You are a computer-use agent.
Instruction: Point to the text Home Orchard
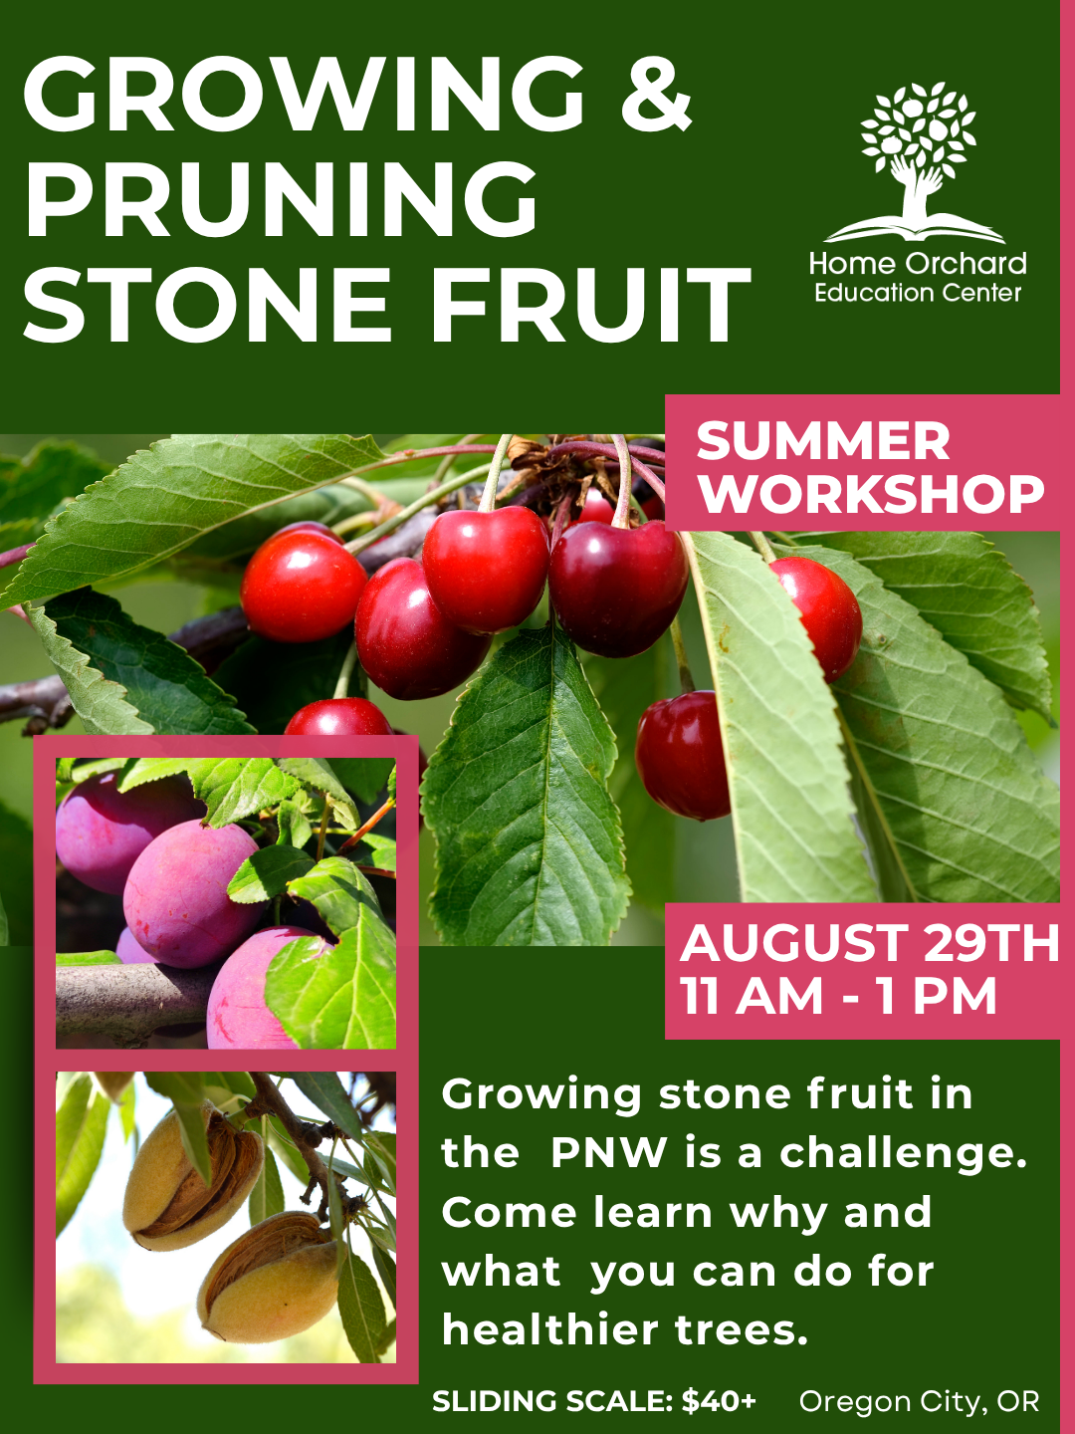(x=918, y=264)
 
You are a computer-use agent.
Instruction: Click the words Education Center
(x=918, y=293)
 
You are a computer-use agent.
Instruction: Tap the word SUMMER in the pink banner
(x=823, y=441)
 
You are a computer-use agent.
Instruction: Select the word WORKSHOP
(x=871, y=494)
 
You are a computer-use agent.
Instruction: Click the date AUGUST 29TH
(x=870, y=943)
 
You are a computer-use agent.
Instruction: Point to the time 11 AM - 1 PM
(x=838, y=996)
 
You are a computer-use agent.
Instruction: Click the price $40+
(x=719, y=1402)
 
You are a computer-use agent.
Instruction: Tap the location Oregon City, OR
(x=919, y=1402)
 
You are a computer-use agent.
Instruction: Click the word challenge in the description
(x=903, y=1153)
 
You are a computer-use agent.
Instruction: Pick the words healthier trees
(x=625, y=1330)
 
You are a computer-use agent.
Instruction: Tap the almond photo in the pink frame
(x=226, y=1217)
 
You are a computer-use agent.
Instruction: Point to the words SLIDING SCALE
(x=552, y=1402)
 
